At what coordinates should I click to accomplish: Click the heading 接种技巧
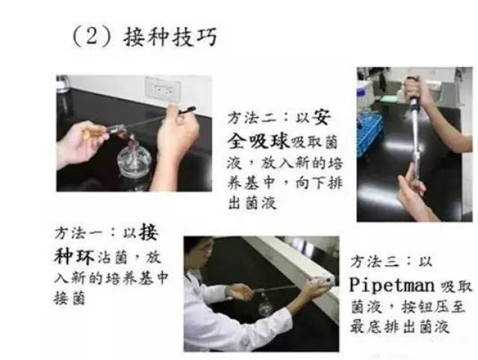pos(170,37)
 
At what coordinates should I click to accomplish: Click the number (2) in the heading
pos(91,37)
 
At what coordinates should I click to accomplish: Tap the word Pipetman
pos(391,285)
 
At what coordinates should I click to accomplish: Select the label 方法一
pos(79,233)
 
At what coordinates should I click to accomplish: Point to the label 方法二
pos(252,118)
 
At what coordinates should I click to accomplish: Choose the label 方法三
pos(375,261)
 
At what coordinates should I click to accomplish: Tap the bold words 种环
pos(74,256)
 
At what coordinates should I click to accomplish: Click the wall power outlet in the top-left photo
pos(162,89)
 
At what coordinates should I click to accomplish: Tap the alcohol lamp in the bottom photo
pos(265,305)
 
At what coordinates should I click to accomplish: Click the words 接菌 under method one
pos(69,298)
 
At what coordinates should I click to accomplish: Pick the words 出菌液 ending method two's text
pos(252,202)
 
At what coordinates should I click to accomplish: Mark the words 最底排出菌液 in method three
pos(400,327)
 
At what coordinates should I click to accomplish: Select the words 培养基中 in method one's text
pos(137,278)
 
